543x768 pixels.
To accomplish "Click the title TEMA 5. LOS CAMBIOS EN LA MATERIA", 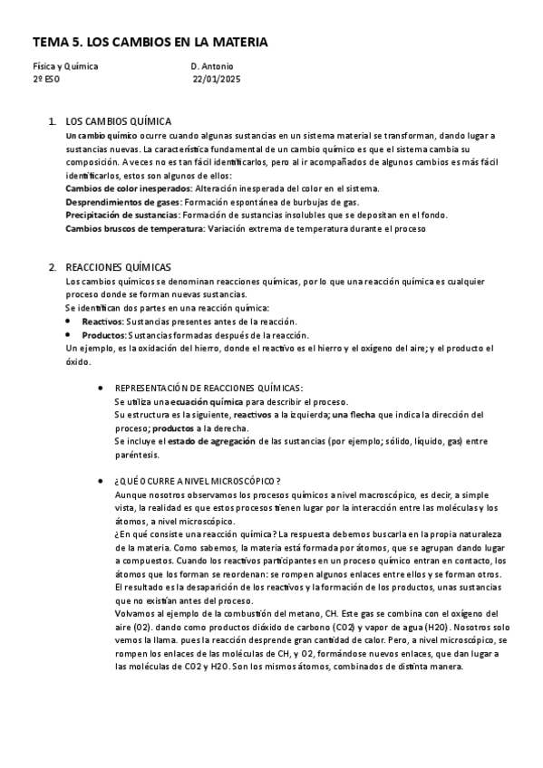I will [150, 43].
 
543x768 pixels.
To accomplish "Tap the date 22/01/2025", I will [216, 79].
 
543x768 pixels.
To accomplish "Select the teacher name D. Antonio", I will [212, 66].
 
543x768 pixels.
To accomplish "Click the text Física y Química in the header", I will [65, 66].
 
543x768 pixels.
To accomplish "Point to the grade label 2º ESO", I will [47, 79].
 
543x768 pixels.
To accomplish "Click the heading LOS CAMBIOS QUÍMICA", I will [119, 121].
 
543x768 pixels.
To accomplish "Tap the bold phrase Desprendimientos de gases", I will [122, 201].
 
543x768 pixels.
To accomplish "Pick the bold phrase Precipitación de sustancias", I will [121, 215].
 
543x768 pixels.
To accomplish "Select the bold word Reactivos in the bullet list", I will [102, 322].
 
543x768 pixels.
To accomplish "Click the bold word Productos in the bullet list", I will [102, 334].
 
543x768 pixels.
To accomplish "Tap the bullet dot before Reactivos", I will [70, 322].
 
